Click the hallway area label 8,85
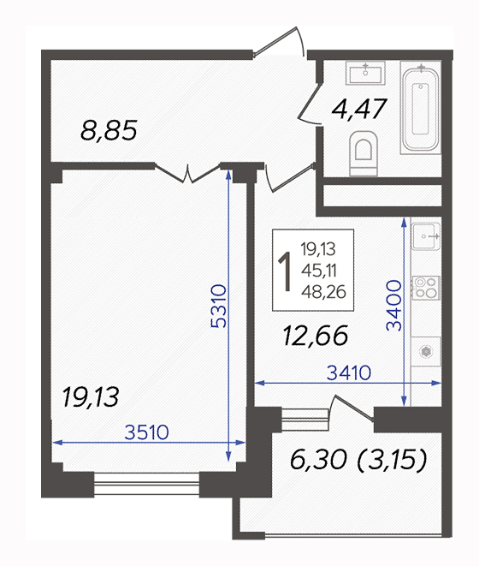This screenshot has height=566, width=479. (109, 130)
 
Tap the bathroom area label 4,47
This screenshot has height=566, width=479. (359, 109)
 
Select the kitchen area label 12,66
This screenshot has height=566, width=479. (316, 336)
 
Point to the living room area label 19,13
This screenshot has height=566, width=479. (91, 397)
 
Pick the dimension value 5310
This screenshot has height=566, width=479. (219, 306)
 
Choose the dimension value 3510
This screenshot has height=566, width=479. (146, 432)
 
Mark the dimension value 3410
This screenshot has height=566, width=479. (349, 372)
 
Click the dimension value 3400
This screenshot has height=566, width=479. (393, 306)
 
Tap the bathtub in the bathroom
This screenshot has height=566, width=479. (421, 108)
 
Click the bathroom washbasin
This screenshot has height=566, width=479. (365, 73)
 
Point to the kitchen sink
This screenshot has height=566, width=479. (426, 236)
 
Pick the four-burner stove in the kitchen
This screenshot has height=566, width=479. (426, 288)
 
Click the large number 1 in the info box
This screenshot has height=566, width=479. (286, 271)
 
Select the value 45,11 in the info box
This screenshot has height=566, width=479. (319, 271)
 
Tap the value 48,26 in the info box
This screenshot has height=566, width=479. (323, 292)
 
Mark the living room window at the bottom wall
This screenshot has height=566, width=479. (146, 484)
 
